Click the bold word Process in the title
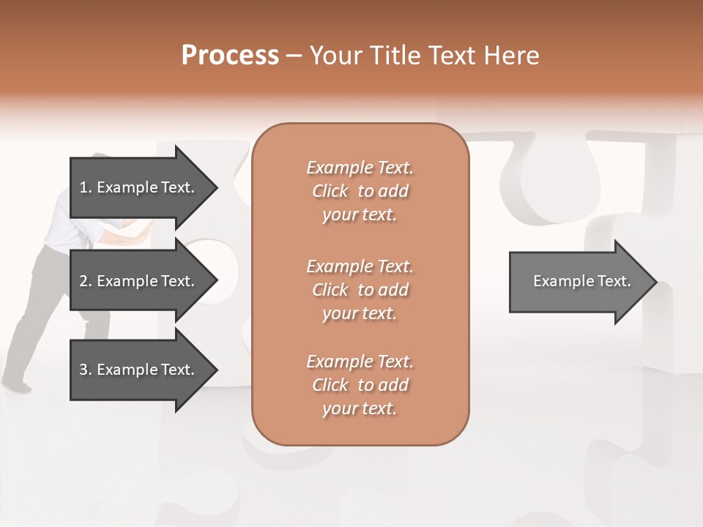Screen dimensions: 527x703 [x=230, y=56]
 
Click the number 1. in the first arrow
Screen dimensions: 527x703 [x=86, y=187]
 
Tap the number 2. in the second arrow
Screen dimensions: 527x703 [x=86, y=281]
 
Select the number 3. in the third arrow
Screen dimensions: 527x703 [x=86, y=370]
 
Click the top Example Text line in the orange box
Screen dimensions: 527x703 [x=360, y=168]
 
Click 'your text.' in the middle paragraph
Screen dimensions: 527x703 [x=360, y=313]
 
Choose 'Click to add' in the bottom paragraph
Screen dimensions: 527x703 [x=360, y=385]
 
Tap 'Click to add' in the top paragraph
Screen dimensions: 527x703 [x=360, y=191]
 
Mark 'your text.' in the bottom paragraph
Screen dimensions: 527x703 [x=360, y=408]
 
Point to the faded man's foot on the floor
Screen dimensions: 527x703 [x=16, y=384]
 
